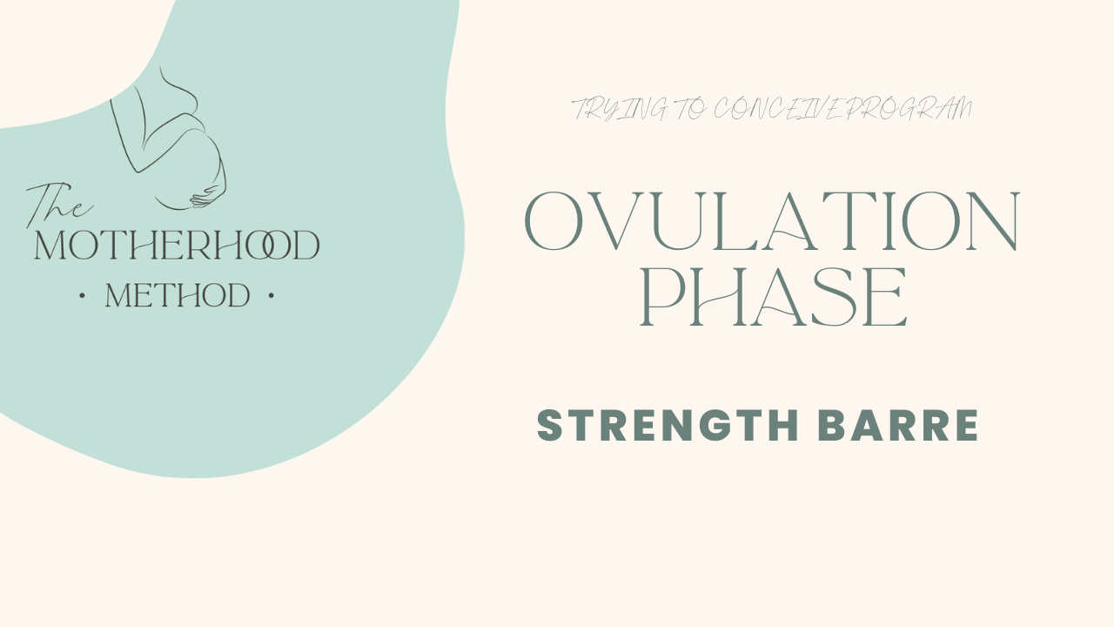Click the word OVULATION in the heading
tap(772, 220)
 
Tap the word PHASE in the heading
tap(774, 298)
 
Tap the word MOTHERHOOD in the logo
tap(177, 246)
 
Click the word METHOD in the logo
tap(178, 296)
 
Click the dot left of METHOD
tap(82, 296)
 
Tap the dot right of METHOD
tap(272, 296)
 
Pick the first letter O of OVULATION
tap(556, 220)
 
